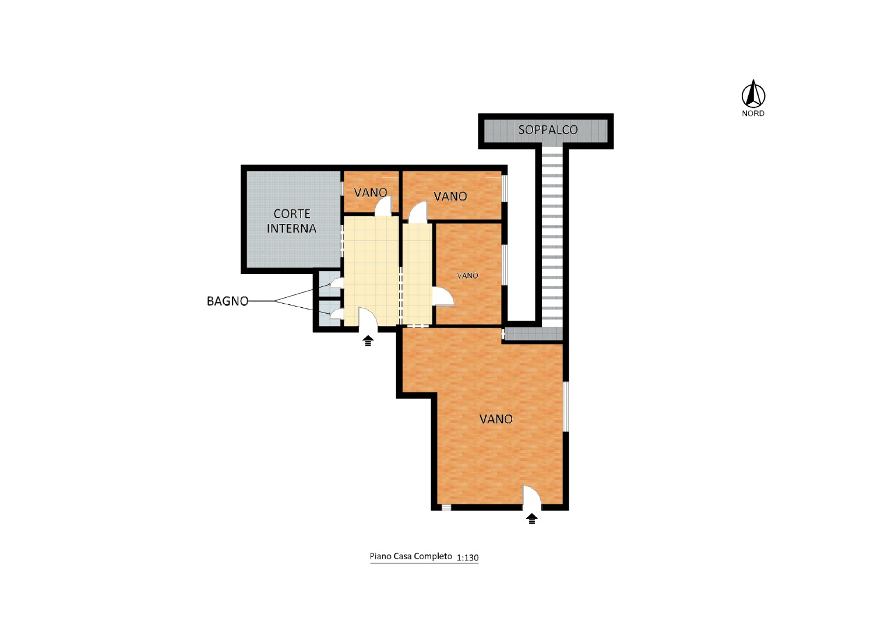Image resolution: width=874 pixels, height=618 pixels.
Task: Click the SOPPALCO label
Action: (x=548, y=130)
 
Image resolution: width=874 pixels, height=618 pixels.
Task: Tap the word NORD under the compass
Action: (x=753, y=114)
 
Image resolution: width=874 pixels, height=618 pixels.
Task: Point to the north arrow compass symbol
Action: (x=753, y=94)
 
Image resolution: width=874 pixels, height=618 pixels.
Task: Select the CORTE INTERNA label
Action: (x=291, y=221)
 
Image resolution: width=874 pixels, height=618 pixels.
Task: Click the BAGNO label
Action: (x=227, y=301)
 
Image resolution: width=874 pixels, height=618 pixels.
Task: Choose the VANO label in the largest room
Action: (x=496, y=419)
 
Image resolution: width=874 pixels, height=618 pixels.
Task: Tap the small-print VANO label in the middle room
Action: (x=467, y=276)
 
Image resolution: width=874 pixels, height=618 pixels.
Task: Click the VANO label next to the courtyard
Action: (x=370, y=192)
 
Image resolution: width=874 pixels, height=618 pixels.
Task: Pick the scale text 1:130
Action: (x=467, y=557)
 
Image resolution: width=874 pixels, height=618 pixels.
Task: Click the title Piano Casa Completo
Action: (x=411, y=556)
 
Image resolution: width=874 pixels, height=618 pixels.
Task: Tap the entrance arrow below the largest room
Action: (x=531, y=519)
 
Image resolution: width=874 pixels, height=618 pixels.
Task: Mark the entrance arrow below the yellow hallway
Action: (x=368, y=341)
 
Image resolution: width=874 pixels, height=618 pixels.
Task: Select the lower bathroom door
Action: (x=336, y=314)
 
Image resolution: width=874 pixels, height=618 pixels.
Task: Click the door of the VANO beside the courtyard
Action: (x=383, y=206)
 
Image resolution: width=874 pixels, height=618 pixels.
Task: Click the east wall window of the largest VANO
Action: (x=566, y=406)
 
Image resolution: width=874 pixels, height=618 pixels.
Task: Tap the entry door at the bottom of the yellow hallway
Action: (x=368, y=319)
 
